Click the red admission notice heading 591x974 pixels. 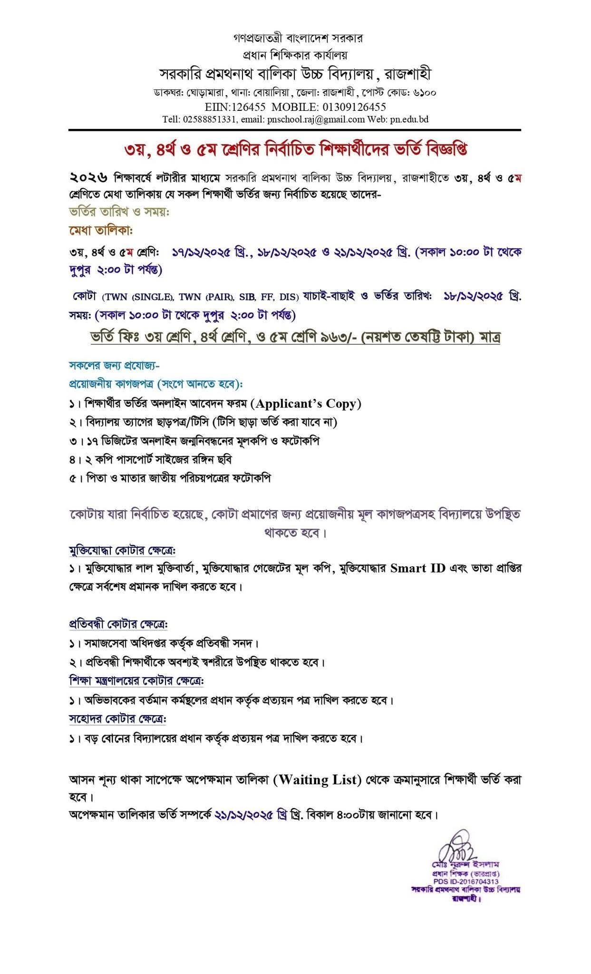pyautogui.click(x=295, y=150)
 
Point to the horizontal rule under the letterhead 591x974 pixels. pyautogui.click(x=295, y=130)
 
